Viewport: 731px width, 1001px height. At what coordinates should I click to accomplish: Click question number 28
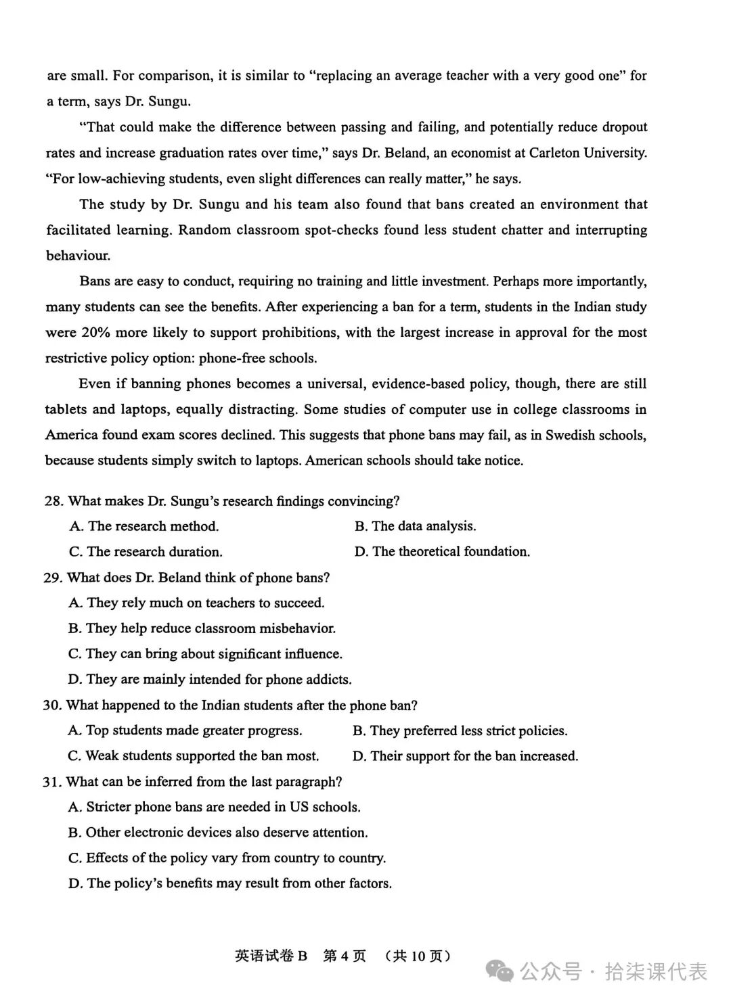tap(53, 501)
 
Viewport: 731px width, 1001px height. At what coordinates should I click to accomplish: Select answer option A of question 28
tap(143, 526)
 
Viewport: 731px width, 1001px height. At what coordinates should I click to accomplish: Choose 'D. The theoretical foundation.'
tap(442, 552)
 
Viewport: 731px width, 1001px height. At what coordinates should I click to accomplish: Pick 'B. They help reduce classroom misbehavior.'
tap(202, 628)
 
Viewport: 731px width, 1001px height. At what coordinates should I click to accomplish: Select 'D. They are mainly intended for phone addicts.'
tap(210, 679)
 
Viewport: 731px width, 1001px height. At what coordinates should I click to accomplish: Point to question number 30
tap(52, 705)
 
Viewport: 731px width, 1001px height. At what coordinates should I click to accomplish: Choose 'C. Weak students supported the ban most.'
tap(193, 755)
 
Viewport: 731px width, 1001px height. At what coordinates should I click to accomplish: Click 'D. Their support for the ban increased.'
tap(466, 755)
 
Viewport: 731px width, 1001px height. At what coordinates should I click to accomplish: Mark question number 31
tap(52, 782)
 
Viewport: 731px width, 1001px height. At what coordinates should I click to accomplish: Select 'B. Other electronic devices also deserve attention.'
tap(218, 833)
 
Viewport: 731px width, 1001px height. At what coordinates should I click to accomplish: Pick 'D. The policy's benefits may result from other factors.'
tap(230, 883)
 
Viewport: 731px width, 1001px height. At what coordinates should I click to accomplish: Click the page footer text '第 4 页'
tap(345, 956)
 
